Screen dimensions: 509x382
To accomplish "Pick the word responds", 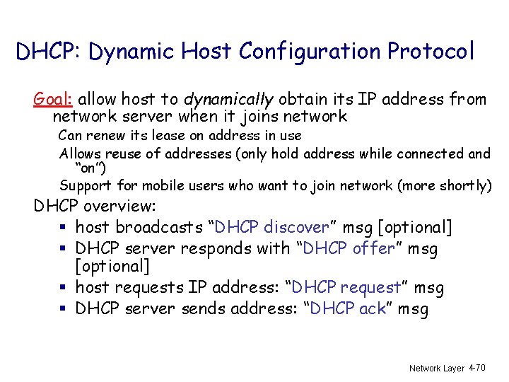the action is point(212,248).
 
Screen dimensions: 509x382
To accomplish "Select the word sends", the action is point(203,309).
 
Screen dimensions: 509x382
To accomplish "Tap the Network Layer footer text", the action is point(435,369).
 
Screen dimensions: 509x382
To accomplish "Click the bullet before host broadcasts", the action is point(64,228).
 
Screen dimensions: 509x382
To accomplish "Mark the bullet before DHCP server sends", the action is point(64,309).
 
